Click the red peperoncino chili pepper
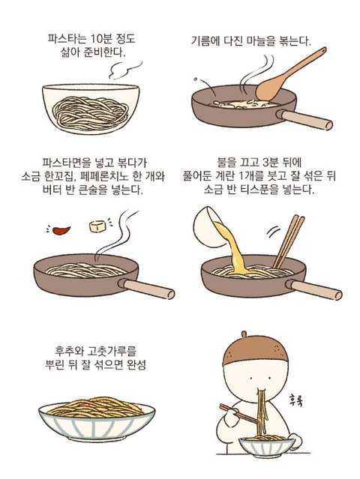tap(61, 230)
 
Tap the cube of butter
tap(97, 226)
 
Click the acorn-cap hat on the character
tap(255, 351)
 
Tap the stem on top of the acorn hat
tap(244, 334)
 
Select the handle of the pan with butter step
tap(146, 289)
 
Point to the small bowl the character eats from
tap(267, 447)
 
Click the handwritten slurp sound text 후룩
tap(296, 400)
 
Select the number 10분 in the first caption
tap(102, 40)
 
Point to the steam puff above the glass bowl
tap(124, 70)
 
